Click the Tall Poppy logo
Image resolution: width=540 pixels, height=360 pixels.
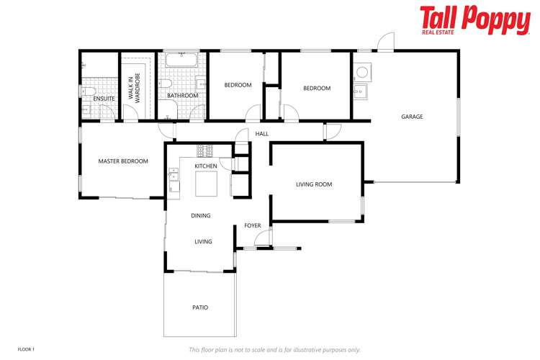pos(474,19)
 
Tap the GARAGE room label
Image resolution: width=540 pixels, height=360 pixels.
pos(412,117)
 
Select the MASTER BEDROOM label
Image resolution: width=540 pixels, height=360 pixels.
pos(123,161)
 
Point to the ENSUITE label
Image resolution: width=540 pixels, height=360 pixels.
pos(104,99)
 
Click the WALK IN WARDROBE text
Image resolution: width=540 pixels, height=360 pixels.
pos(135,86)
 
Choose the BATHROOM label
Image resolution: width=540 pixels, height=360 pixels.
pos(182,95)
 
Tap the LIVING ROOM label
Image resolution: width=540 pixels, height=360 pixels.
pos(314,184)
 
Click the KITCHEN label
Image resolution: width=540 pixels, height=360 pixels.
pos(206,166)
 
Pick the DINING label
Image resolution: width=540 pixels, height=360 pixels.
pos(201,215)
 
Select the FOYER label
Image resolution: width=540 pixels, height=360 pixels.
pos(252,225)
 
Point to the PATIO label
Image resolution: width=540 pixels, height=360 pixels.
pos(200,307)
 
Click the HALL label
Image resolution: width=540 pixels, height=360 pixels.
pos(262,134)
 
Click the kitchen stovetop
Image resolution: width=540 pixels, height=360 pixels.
pos(205,150)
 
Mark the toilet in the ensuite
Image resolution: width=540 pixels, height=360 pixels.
pos(89,91)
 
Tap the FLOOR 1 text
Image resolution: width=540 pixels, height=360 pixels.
pos(26,349)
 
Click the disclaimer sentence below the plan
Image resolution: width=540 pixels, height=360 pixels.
pos(274,350)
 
